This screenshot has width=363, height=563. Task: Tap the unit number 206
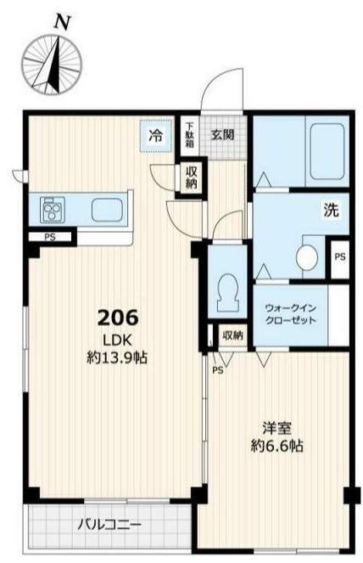(118, 318)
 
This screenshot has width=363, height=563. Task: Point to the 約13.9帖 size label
(118, 358)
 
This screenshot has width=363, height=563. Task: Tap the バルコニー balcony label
(110, 524)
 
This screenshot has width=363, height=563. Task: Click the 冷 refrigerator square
(155, 134)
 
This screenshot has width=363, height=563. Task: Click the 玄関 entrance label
(223, 133)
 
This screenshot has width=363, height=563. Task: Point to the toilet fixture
(227, 293)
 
